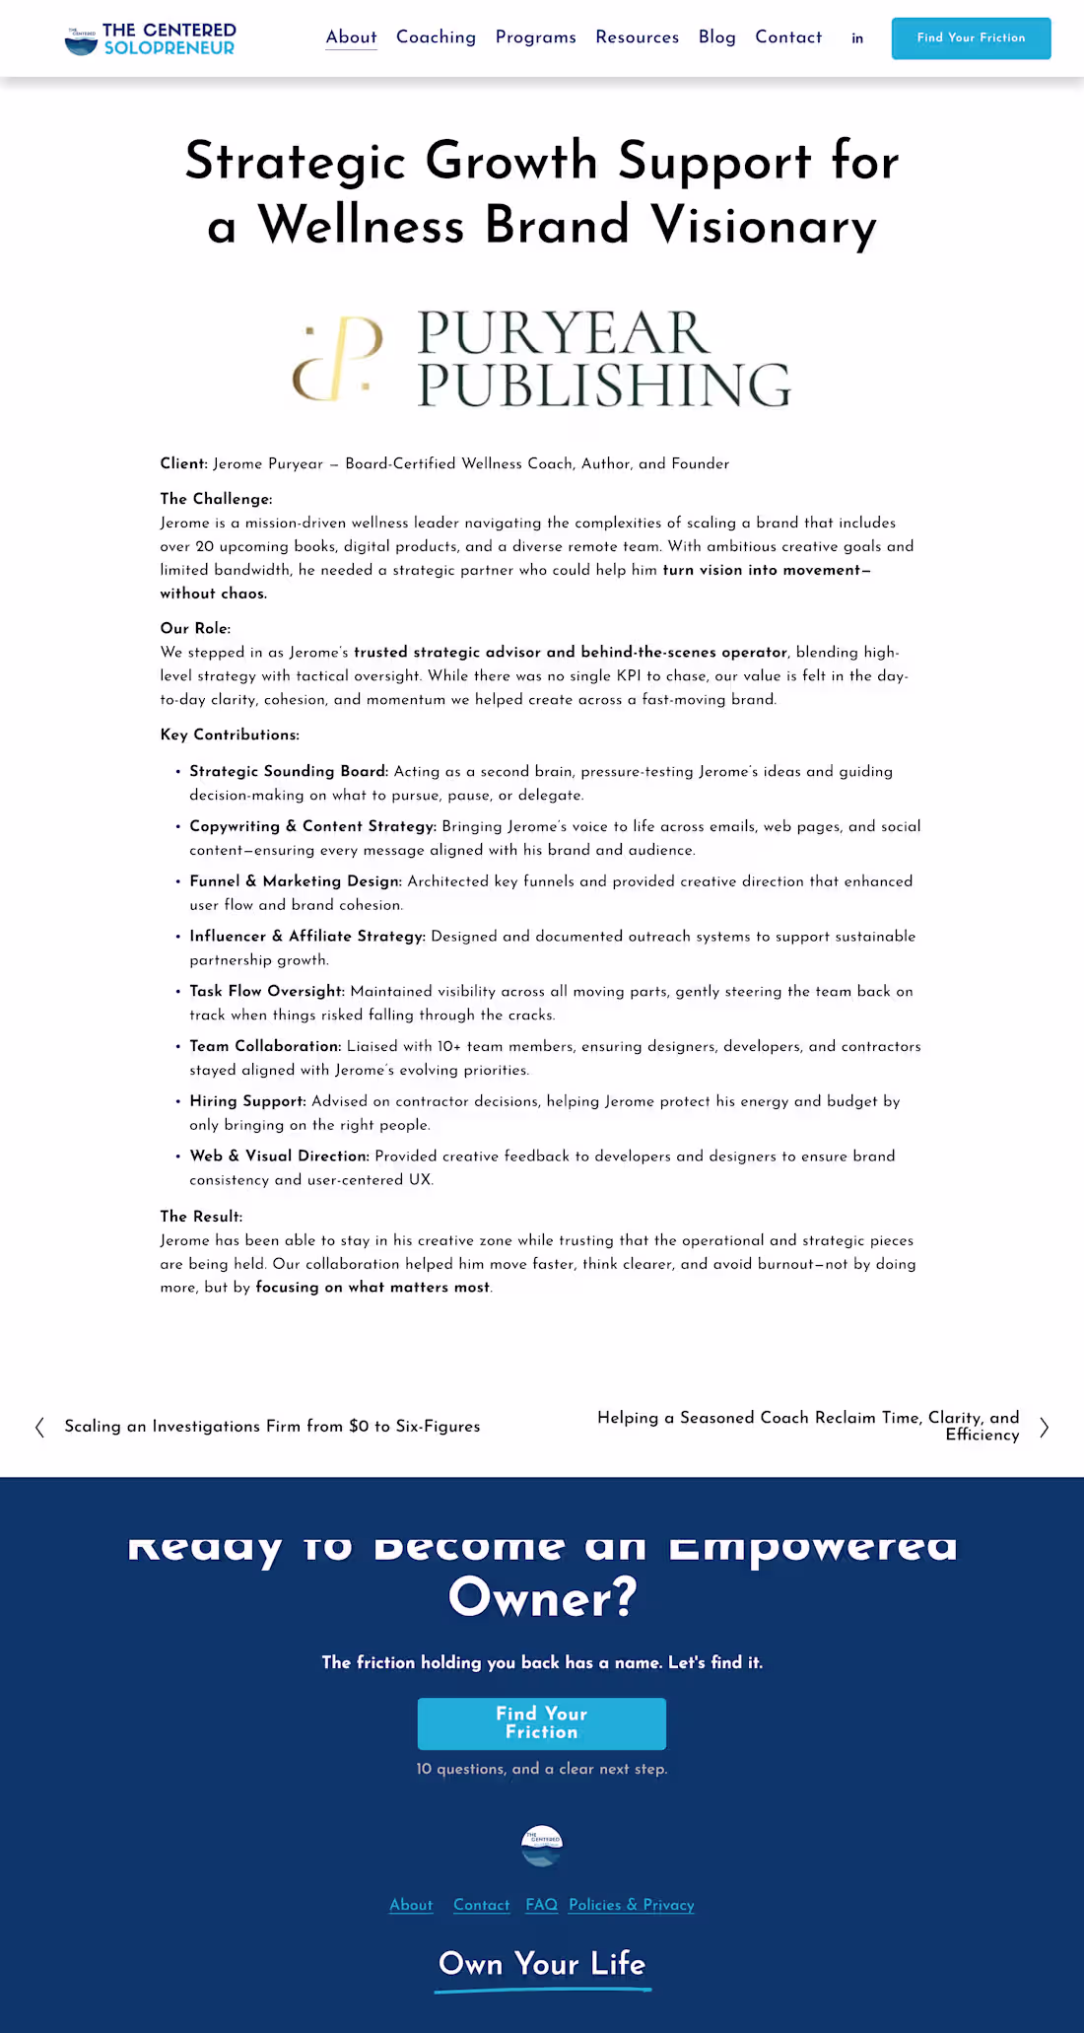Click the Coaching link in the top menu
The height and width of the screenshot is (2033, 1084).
(x=436, y=37)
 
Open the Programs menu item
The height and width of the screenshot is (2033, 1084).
(x=535, y=37)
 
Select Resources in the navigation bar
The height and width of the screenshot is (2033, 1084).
(x=637, y=37)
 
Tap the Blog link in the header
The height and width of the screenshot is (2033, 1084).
(x=716, y=37)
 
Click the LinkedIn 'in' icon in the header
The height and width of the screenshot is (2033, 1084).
(x=857, y=38)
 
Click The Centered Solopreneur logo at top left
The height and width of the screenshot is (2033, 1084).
(x=150, y=39)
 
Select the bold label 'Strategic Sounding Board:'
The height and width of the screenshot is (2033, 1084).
(x=289, y=771)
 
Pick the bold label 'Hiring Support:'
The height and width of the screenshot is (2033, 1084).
(x=247, y=1101)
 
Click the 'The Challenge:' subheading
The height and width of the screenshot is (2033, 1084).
(x=216, y=499)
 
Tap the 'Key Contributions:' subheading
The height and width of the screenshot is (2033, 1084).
(x=230, y=735)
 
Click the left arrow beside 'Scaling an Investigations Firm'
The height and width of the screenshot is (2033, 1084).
(x=39, y=1427)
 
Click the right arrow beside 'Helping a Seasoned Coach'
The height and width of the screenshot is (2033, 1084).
(x=1045, y=1427)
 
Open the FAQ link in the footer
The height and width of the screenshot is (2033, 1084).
(x=541, y=1905)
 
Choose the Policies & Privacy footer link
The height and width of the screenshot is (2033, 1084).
(x=631, y=1905)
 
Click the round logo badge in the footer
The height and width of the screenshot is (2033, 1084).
(x=542, y=1846)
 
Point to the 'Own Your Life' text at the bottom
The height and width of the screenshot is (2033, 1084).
(x=542, y=1964)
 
